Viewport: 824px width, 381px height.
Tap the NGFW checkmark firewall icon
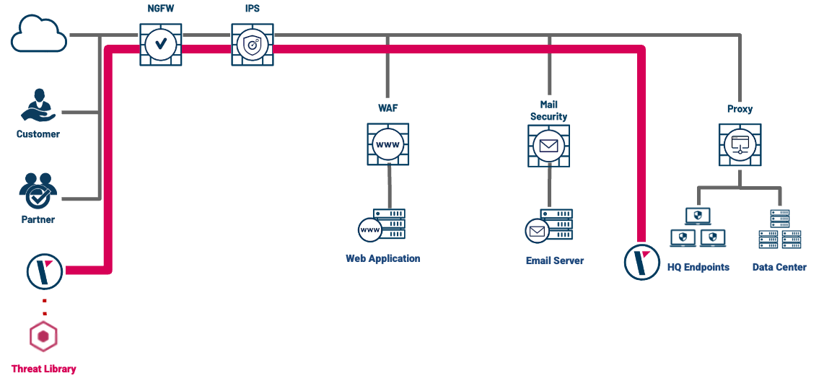tap(160, 45)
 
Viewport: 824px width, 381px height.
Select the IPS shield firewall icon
tap(253, 45)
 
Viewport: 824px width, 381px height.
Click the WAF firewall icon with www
tap(387, 145)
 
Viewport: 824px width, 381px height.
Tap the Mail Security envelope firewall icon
tap(548, 146)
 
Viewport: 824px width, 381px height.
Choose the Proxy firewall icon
tap(740, 144)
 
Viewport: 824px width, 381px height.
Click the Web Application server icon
tap(382, 225)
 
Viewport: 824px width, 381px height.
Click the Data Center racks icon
tap(780, 229)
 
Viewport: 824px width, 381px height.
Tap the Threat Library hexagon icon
tap(44, 336)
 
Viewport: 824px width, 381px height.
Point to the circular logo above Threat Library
tap(45, 271)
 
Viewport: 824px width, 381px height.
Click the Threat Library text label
tap(44, 369)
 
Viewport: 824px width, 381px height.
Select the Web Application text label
tap(382, 258)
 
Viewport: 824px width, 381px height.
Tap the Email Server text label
tap(554, 260)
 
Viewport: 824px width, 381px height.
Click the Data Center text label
tap(779, 267)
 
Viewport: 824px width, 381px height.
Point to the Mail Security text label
tap(548, 110)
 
